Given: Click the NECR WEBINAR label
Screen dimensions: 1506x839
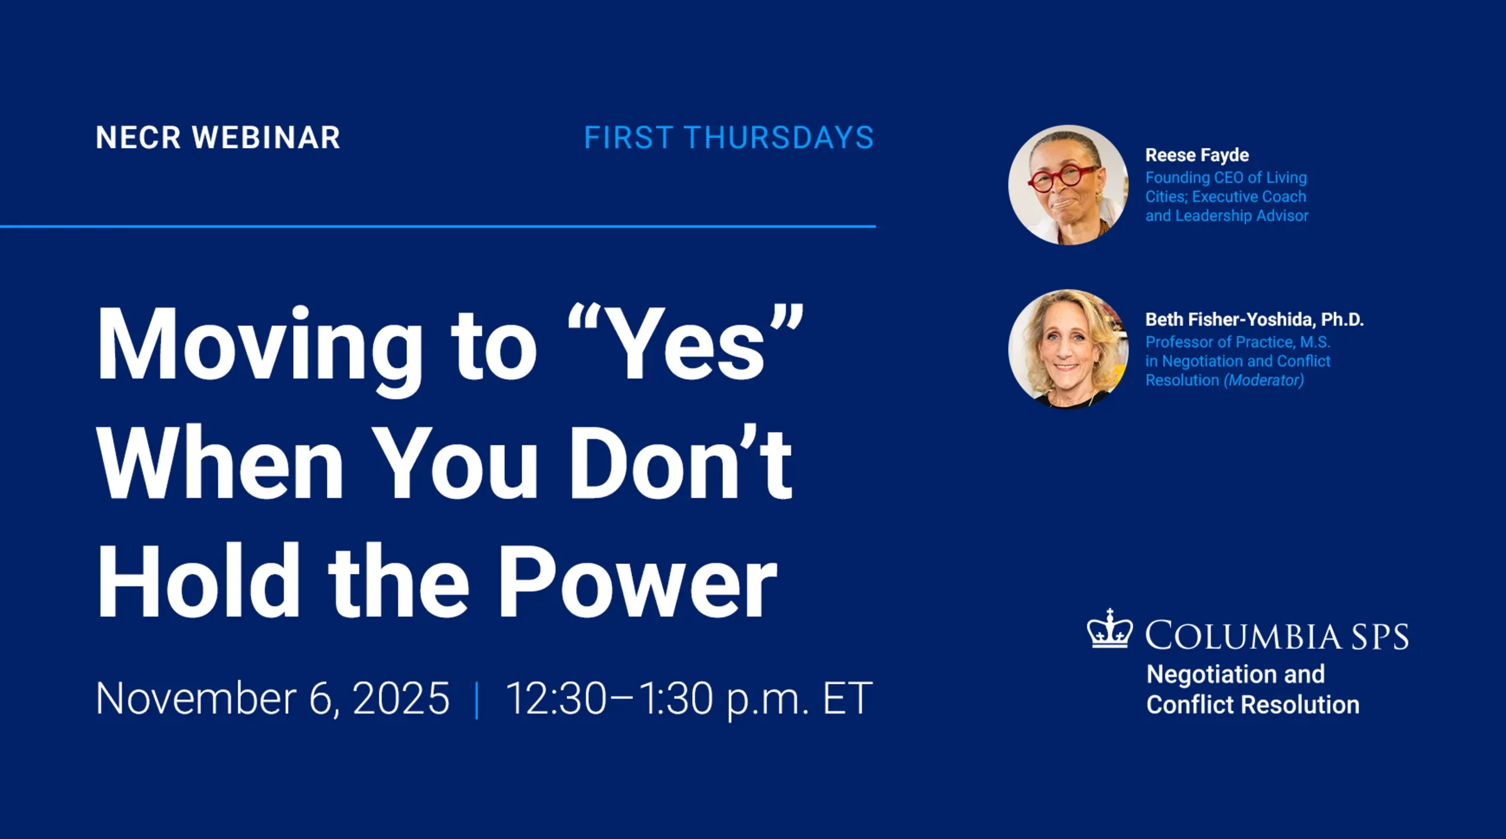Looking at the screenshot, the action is tap(218, 138).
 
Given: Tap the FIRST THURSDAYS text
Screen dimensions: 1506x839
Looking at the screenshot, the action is tap(729, 138).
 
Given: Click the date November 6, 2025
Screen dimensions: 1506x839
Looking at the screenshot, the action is tap(273, 698).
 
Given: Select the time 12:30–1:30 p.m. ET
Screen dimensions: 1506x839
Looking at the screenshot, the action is tap(689, 698).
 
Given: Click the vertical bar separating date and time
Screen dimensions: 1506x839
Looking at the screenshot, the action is tap(477, 700).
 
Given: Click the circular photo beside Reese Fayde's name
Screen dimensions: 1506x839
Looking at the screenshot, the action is tap(1068, 185).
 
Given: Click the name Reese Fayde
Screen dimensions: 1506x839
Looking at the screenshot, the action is tap(1197, 155).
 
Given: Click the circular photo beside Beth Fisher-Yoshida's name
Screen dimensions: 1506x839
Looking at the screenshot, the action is tap(1068, 349).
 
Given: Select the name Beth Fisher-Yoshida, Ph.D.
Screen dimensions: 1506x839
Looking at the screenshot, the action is tap(1254, 320).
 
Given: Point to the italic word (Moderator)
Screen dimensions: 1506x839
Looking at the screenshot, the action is tap(1264, 381).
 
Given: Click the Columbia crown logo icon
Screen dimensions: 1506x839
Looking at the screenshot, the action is tap(1110, 629).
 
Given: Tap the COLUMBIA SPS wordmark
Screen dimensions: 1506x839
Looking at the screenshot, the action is tap(1277, 636).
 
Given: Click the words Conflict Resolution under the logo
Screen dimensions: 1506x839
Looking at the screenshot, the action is tap(1253, 705).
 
